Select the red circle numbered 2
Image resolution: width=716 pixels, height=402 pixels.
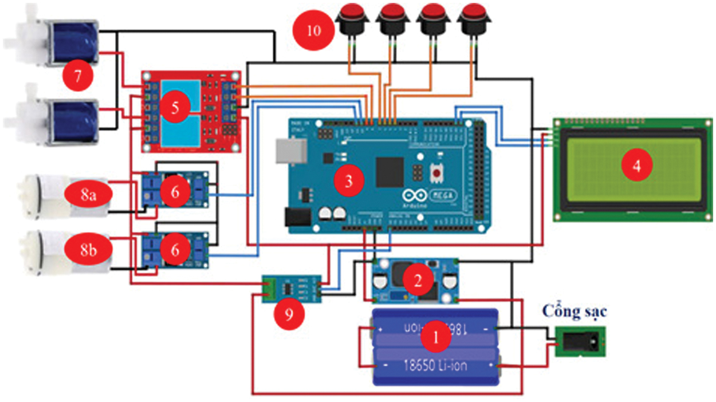(x=418, y=279)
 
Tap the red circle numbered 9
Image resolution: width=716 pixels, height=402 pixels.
(x=288, y=314)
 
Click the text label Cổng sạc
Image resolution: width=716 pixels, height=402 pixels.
(x=575, y=312)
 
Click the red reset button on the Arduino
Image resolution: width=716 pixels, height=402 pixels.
(x=438, y=172)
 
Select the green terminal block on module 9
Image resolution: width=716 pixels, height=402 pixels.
(x=271, y=289)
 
